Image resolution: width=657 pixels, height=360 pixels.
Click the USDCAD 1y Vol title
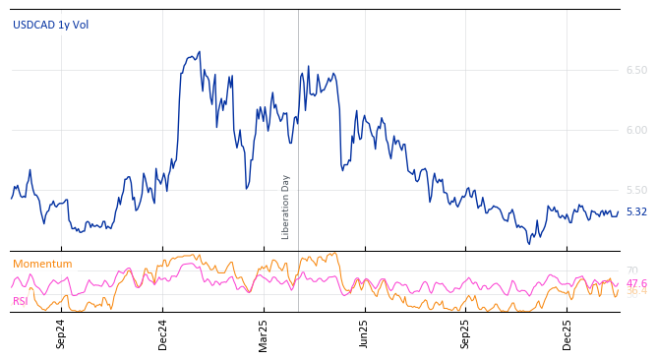[x=50, y=25]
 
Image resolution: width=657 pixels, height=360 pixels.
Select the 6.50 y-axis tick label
[x=636, y=70]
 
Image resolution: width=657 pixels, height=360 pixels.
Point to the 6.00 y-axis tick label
[x=636, y=130]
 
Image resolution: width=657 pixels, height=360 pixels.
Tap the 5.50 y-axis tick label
[x=636, y=190]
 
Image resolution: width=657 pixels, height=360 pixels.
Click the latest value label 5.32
[x=636, y=211]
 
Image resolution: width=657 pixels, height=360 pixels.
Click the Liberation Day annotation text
[x=286, y=207]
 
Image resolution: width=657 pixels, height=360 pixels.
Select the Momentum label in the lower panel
[x=42, y=264]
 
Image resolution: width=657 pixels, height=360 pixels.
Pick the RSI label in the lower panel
[x=20, y=301]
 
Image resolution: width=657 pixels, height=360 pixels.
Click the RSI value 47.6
[x=636, y=283]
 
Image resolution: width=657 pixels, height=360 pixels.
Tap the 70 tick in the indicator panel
[x=632, y=270]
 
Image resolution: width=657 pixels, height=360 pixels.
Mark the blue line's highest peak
[x=200, y=52]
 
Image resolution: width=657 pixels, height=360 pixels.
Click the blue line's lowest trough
[x=529, y=243]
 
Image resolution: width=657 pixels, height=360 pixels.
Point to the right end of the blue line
[x=619, y=211]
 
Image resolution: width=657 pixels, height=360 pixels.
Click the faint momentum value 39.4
[x=636, y=291]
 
